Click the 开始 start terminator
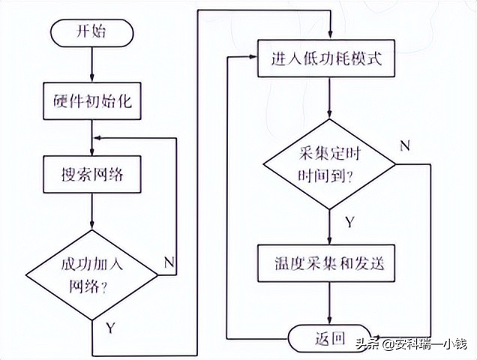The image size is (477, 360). coord(91,32)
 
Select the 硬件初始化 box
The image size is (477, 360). coord(91,100)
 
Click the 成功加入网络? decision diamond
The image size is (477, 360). coord(91,275)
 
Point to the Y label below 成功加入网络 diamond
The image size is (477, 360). coord(110,328)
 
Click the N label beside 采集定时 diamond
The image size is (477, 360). coord(404,145)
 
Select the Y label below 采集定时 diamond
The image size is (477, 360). coord(349,222)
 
